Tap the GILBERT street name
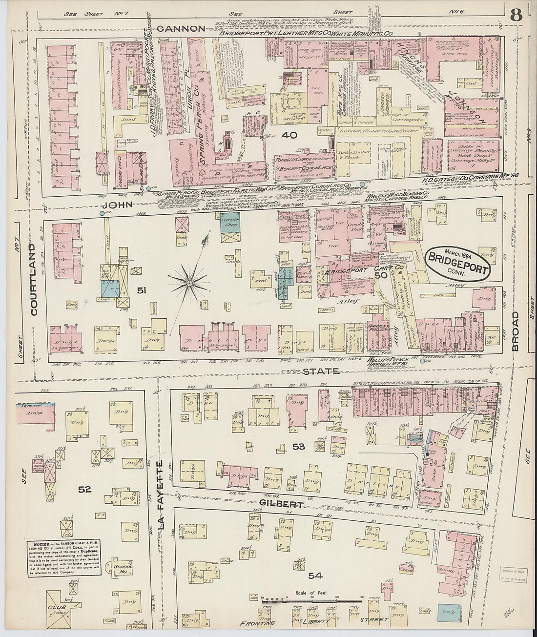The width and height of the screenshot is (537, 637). (x=282, y=504)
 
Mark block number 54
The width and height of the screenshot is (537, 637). (x=315, y=576)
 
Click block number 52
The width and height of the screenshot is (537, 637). (x=85, y=489)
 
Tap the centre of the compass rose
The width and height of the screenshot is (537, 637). (x=188, y=282)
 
